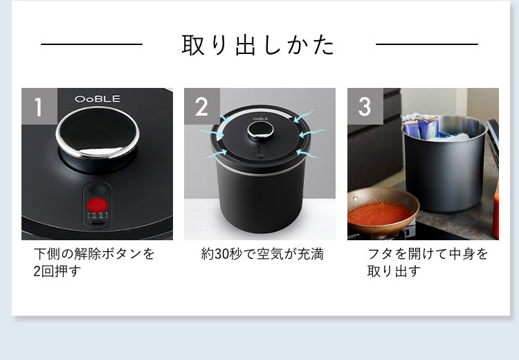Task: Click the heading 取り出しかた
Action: click(258, 45)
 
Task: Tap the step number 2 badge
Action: click(201, 106)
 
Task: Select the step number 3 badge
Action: click(365, 106)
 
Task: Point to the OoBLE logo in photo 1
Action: click(98, 99)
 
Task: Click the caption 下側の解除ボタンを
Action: click(95, 254)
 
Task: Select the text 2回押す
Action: click(57, 271)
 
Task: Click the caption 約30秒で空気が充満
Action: click(262, 254)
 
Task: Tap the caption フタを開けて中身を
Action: click(428, 254)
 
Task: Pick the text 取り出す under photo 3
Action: click(394, 271)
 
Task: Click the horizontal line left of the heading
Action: click(91, 45)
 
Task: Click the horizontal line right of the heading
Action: click(426, 45)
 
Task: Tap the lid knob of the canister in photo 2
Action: click(259, 132)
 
